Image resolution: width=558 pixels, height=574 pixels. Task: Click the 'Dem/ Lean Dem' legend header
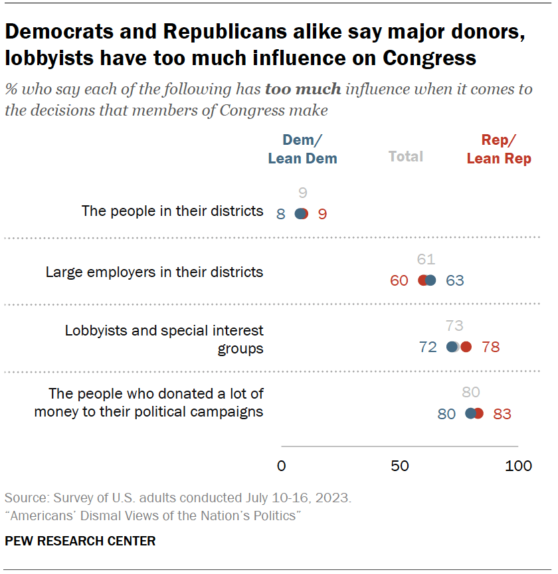(x=302, y=149)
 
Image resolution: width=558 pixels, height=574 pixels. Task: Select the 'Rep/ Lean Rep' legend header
(x=499, y=149)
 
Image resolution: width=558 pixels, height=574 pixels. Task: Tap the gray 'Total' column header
(x=406, y=157)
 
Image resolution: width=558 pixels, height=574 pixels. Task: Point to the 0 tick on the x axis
(x=282, y=466)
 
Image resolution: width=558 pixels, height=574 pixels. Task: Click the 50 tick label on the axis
(x=400, y=466)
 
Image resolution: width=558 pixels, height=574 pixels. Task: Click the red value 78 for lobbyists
(x=491, y=347)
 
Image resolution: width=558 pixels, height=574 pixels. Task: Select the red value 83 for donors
(x=502, y=414)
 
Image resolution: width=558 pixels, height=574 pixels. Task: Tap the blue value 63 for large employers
(x=455, y=280)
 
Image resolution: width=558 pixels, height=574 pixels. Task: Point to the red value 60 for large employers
(x=399, y=280)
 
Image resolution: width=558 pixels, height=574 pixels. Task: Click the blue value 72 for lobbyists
(x=428, y=347)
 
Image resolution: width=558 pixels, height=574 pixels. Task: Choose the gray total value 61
(x=426, y=260)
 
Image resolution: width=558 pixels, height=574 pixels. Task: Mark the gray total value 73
(x=454, y=326)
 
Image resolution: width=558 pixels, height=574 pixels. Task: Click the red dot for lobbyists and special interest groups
(x=466, y=347)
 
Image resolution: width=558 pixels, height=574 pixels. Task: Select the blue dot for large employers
(x=430, y=280)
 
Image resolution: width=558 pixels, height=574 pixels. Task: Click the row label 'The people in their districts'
(x=172, y=211)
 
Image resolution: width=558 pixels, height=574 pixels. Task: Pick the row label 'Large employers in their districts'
(x=154, y=272)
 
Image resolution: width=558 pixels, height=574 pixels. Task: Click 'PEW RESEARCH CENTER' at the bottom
(x=80, y=541)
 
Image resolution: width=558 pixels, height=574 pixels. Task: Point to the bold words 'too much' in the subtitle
(x=303, y=89)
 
